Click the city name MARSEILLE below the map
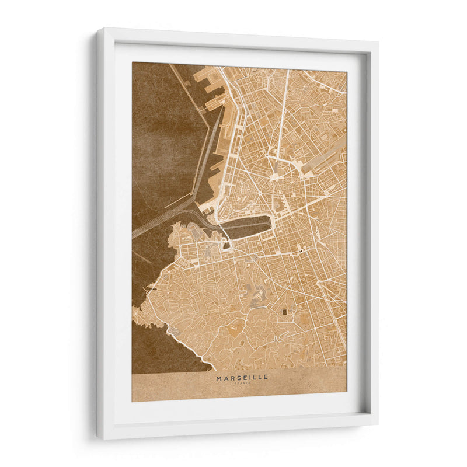[242, 378]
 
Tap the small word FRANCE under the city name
[242, 384]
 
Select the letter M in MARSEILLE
[219, 378]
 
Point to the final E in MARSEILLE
[266, 378]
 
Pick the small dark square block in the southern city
[285, 312]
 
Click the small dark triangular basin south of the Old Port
[226, 246]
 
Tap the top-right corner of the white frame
[377, 42]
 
